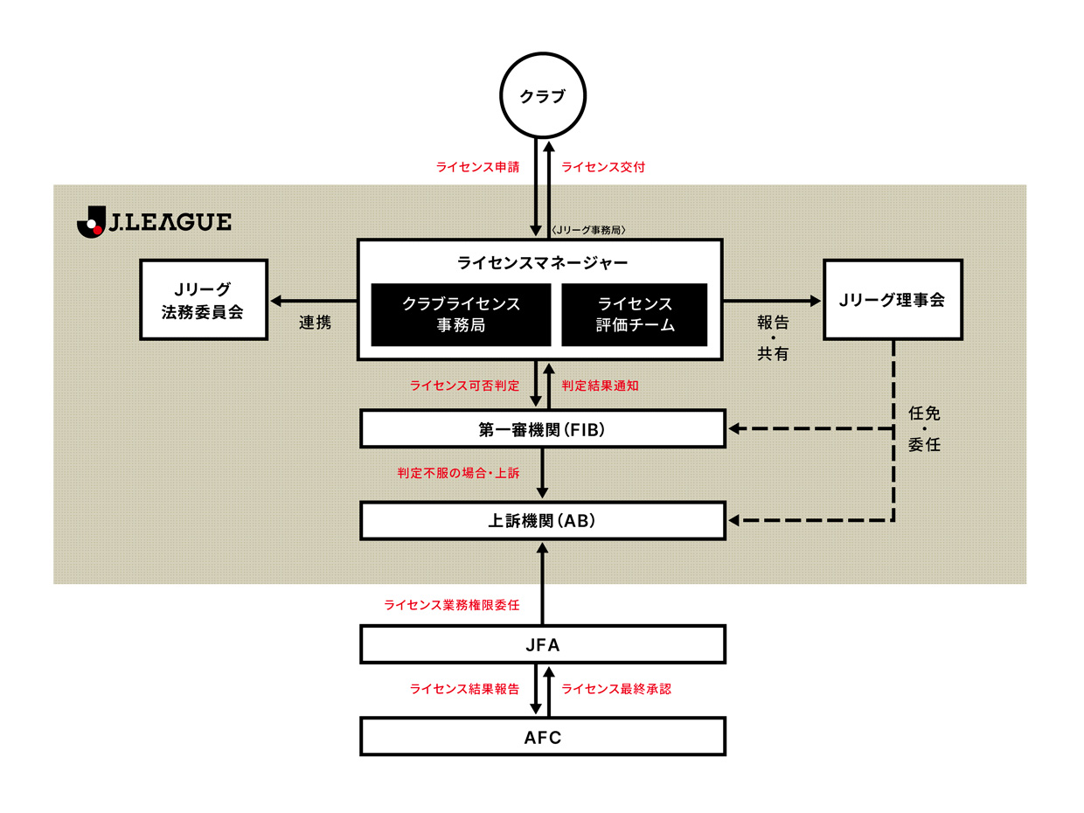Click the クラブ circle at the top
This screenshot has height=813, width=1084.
(542, 97)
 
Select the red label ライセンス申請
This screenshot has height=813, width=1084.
(477, 166)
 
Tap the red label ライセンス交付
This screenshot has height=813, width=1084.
(603, 166)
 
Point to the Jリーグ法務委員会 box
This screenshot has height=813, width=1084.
(203, 299)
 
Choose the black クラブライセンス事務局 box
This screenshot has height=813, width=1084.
(461, 315)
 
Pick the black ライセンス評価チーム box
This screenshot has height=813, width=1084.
(634, 315)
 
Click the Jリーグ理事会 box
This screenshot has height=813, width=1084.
(892, 299)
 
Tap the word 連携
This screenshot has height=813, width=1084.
(315, 323)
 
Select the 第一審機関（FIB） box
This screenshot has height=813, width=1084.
(542, 429)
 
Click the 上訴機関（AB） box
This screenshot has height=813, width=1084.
(542, 521)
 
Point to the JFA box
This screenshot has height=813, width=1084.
(542, 645)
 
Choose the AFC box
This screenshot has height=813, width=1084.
(542, 737)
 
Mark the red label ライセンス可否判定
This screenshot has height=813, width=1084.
(464, 385)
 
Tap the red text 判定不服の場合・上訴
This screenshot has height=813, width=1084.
(458, 473)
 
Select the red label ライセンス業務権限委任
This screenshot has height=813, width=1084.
(452, 604)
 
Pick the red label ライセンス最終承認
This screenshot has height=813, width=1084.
(616, 689)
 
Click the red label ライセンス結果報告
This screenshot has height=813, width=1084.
(464, 689)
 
